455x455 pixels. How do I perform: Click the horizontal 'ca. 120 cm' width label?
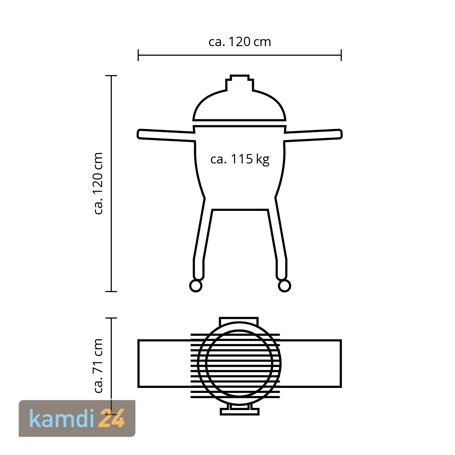[240, 42]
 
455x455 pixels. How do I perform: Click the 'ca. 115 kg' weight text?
[240, 159]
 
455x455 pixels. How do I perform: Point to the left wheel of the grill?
[196, 285]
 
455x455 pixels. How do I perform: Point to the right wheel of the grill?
[284, 285]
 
